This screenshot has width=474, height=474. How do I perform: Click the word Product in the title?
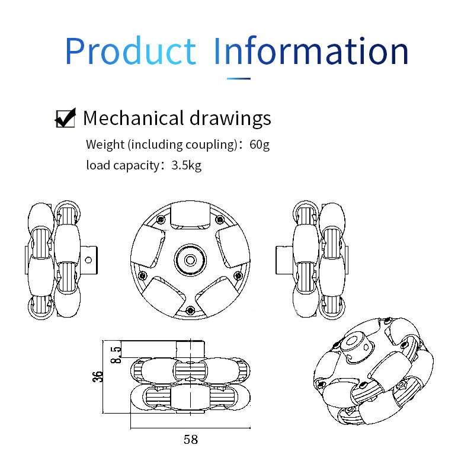130,52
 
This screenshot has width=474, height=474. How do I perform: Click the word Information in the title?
310,52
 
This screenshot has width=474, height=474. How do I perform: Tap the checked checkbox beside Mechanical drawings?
65,118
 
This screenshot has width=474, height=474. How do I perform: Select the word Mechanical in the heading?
134,118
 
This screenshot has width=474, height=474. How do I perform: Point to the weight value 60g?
260,144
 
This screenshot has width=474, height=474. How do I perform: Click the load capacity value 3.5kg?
186,165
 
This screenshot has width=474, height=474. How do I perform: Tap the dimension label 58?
190,440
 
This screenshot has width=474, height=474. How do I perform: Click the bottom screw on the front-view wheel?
190,310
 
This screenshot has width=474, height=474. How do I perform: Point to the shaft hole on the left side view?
89,259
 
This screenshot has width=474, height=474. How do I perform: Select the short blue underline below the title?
239,78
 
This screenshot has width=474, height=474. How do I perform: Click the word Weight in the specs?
105,144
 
